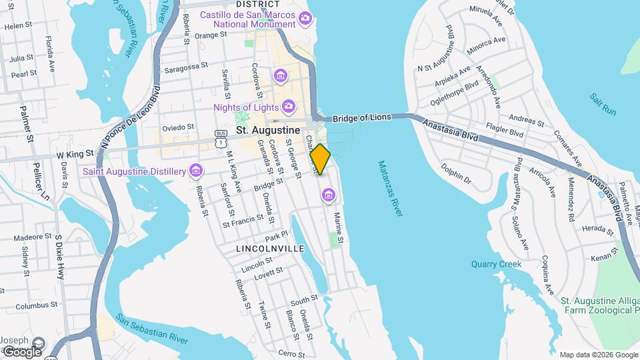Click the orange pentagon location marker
(321, 159)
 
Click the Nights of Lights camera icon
(288, 107)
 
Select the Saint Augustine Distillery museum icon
(195, 171)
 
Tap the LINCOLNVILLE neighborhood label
(270, 248)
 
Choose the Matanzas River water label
(390, 188)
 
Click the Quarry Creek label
(497, 264)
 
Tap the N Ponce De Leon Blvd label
(131, 117)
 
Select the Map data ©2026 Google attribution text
(598, 355)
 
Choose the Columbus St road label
(38, 306)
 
